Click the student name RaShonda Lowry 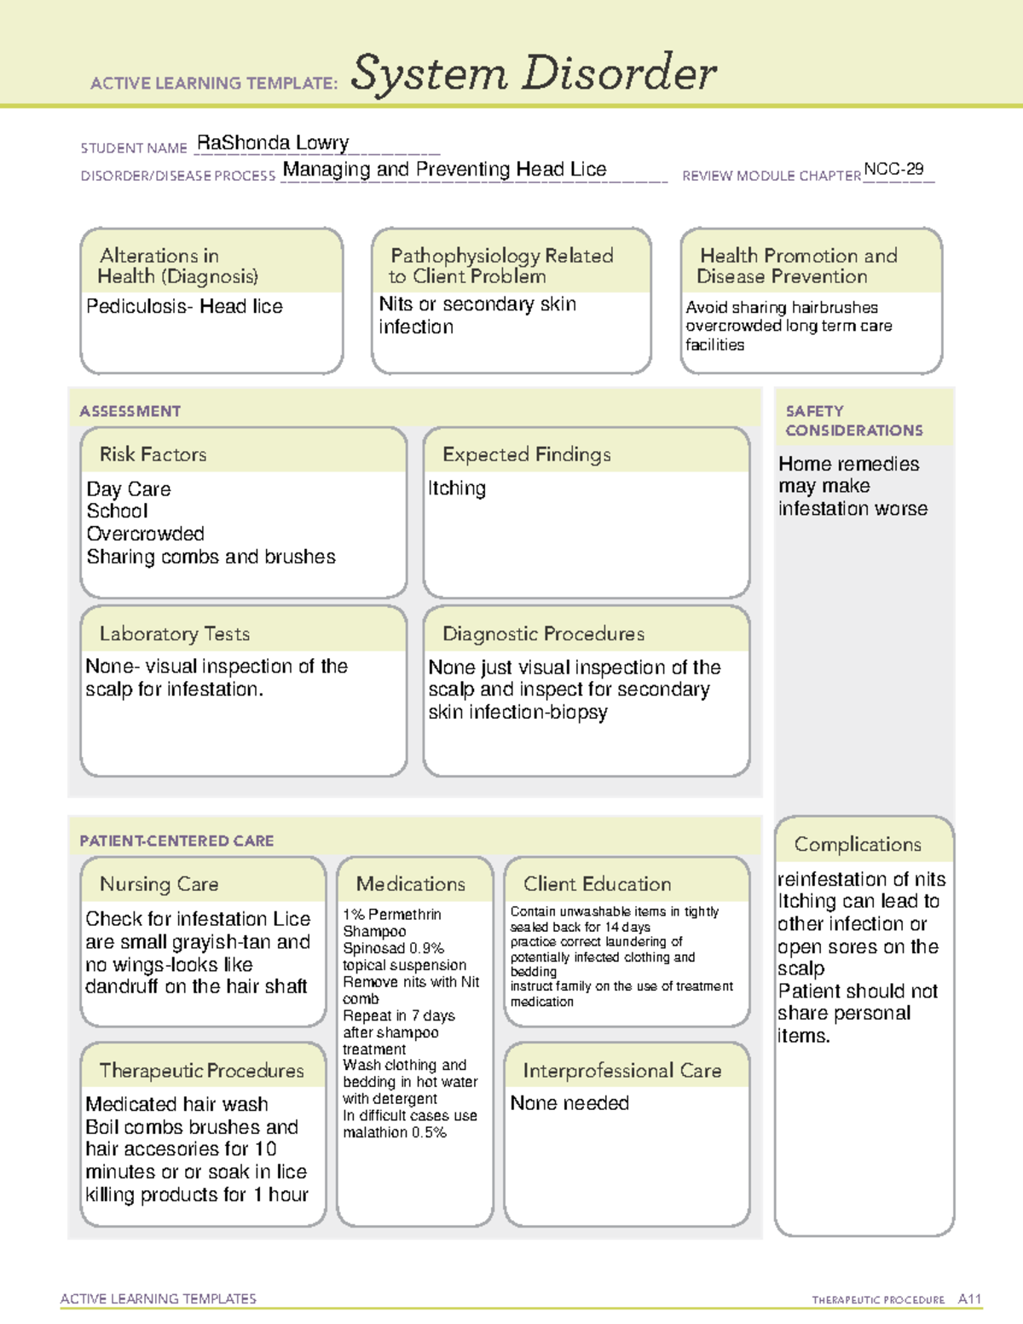click(273, 143)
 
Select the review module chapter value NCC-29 click(893, 169)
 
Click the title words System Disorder click(534, 73)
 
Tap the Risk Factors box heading click(153, 454)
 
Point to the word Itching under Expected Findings click(457, 489)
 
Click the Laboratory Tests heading click(175, 633)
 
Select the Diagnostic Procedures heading click(543, 633)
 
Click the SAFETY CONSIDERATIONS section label click(853, 420)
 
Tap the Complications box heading click(858, 844)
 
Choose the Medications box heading click(411, 884)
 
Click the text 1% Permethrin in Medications click(392, 915)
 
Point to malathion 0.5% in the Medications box click(395, 1132)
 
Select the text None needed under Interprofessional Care click(569, 1103)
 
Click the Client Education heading click(597, 884)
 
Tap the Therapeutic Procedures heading click(201, 1070)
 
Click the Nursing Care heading click(159, 884)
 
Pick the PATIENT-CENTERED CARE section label click(176, 841)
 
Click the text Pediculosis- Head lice click(185, 306)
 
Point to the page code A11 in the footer click(969, 1299)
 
